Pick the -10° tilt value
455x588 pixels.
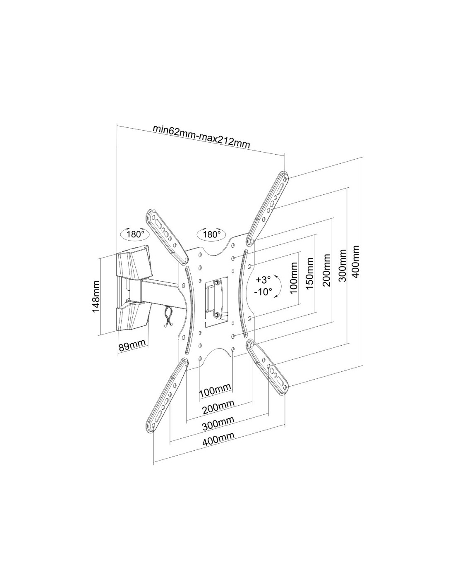coord(264,291)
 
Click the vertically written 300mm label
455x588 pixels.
coord(342,265)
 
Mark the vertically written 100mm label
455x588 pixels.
coord(295,278)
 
